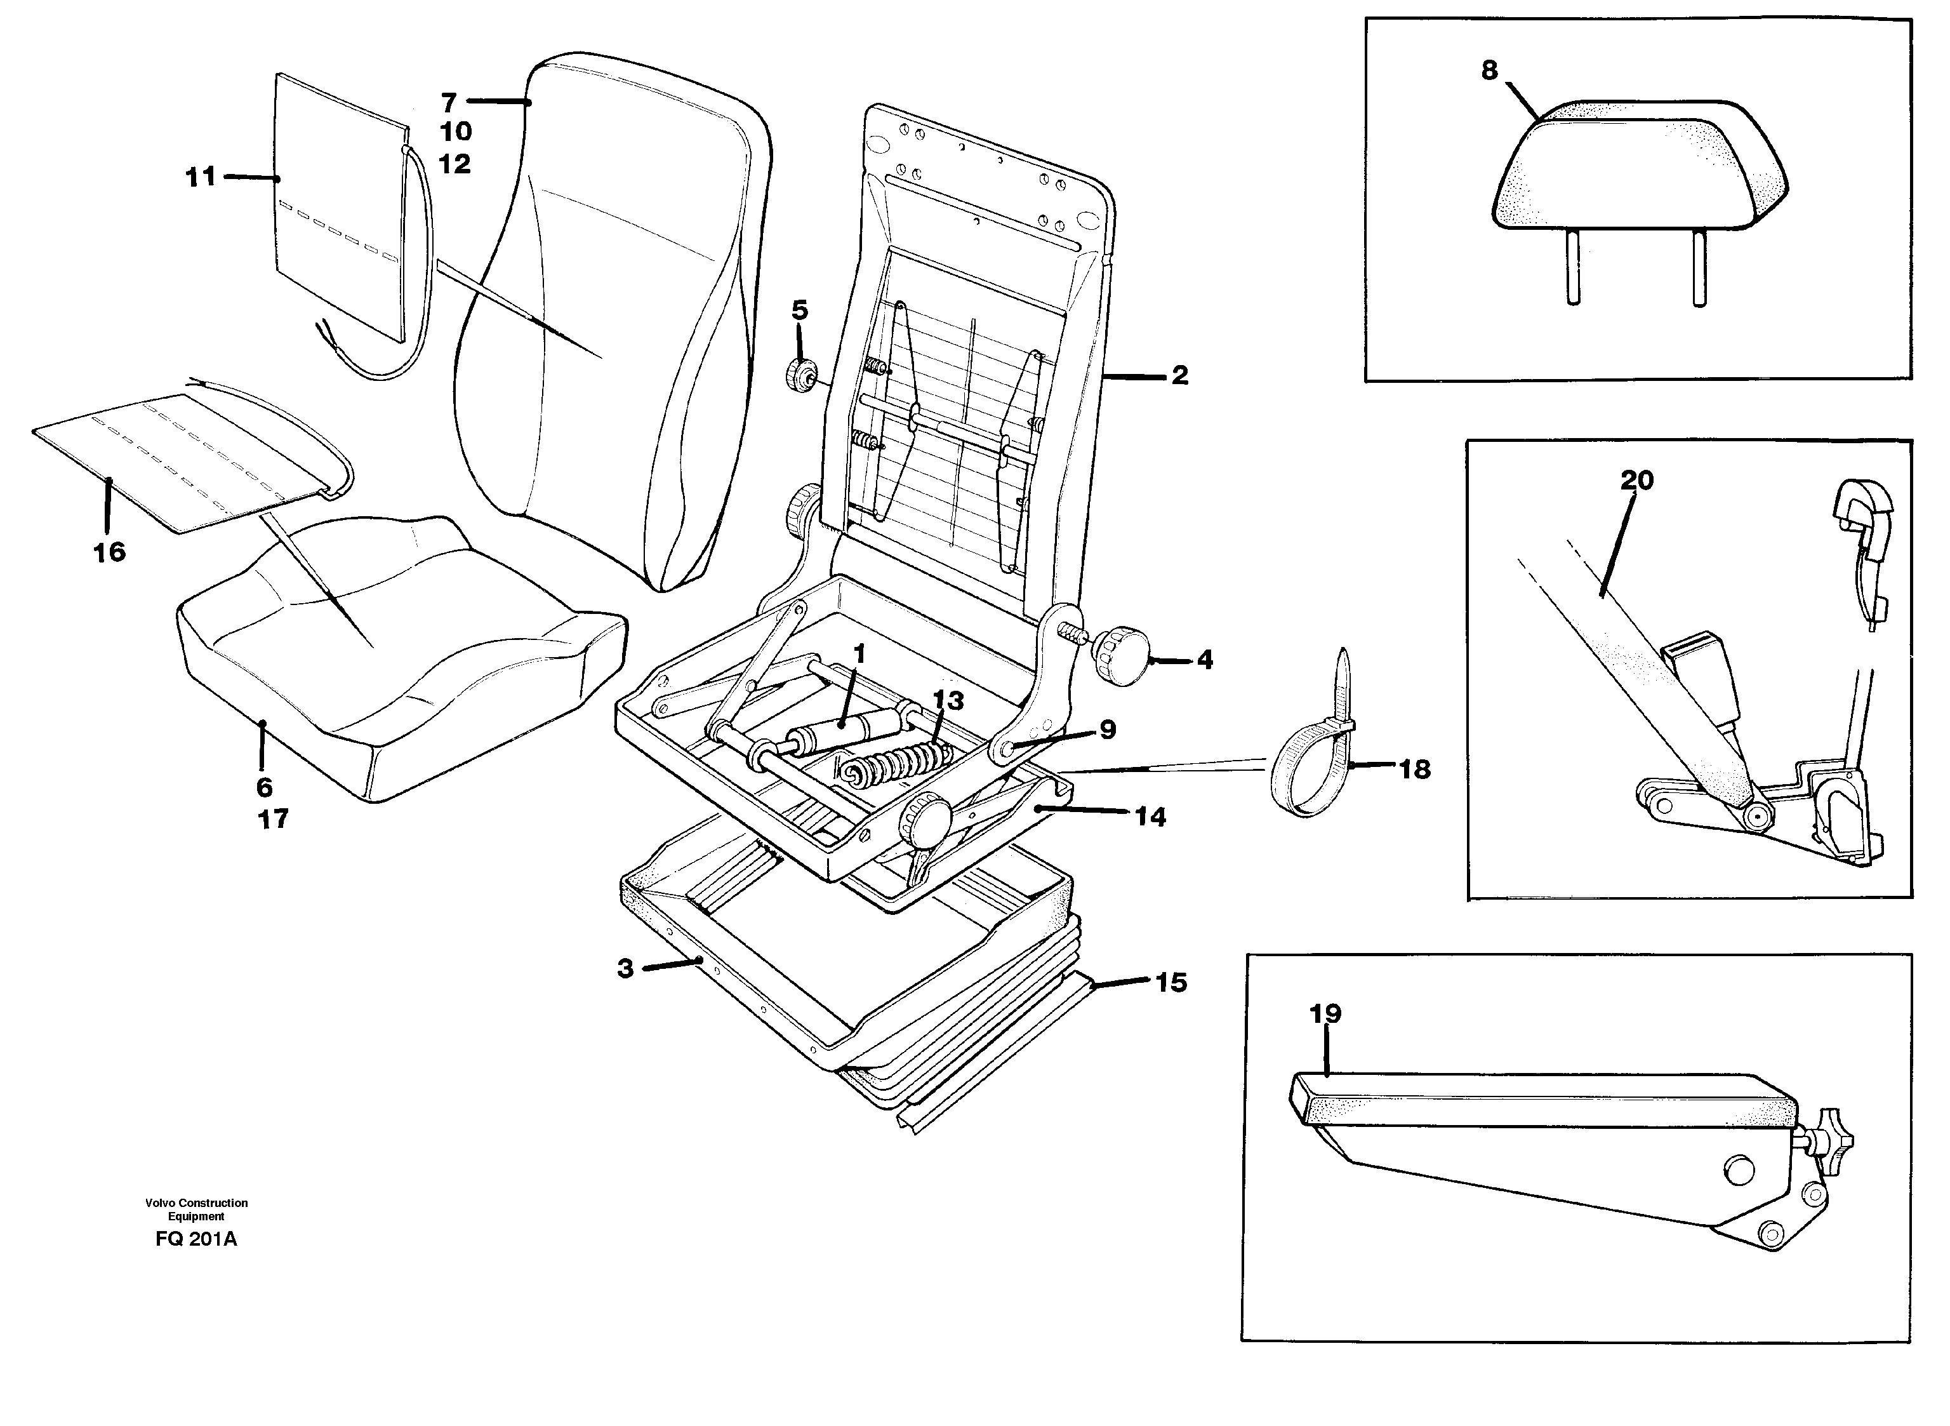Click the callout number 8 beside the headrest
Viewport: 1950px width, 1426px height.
tap(1489, 70)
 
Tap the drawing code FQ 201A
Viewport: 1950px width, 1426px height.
tap(196, 1239)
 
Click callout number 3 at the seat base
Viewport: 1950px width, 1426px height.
tap(625, 968)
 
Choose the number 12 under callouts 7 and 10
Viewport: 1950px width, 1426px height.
tap(454, 163)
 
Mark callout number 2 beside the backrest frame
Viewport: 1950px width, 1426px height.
tap(1179, 375)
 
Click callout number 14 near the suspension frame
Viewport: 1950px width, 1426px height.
tap(1150, 816)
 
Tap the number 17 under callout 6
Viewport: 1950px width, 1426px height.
tap(273, 819)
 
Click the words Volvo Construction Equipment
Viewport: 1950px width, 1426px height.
tap(196, 1209)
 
